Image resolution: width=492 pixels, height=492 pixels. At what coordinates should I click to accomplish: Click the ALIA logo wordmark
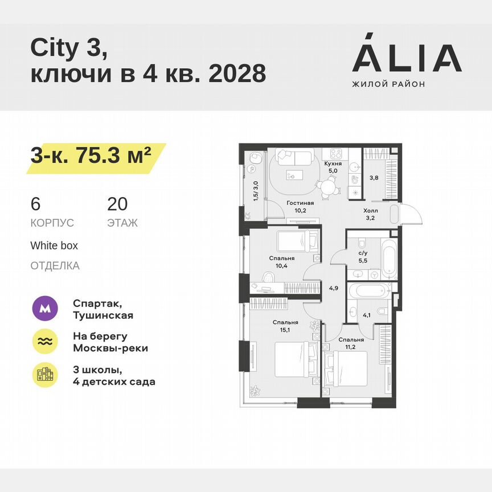[407, 59]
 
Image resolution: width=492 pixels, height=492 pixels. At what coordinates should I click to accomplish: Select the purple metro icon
[45, 309]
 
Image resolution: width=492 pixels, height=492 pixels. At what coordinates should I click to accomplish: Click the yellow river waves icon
[45, 342]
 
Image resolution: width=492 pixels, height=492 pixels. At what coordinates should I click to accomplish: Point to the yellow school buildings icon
[45, 375]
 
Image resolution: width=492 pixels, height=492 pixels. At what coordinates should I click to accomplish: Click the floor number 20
[117, 204]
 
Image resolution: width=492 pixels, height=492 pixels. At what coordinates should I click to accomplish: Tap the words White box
[54, 246]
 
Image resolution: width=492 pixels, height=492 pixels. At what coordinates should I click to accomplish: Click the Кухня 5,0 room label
[333, 166]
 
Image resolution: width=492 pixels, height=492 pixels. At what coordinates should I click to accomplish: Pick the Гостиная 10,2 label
[300, 206]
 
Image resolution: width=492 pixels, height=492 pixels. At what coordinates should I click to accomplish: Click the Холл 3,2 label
[370, 213]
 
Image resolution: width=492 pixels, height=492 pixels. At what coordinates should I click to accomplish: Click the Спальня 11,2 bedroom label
[351, 343]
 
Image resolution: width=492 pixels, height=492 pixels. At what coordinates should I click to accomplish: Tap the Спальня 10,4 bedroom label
[282, 261]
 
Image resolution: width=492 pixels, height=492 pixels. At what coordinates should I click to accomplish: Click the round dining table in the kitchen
[326, 186]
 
